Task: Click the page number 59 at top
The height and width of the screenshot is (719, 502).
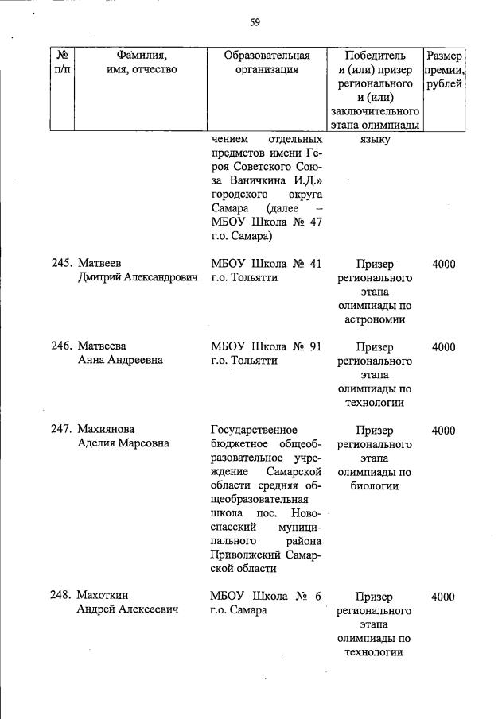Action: [x=255, y=22]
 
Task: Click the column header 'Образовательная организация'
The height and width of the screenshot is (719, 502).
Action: [x=267, y=63]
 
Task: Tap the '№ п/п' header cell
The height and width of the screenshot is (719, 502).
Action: [x=62, y=63]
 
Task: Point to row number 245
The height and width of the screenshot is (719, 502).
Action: [x=62, y=264]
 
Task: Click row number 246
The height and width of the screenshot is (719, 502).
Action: [x=62, y=346]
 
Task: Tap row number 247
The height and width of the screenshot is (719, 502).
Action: [x=62, y=431]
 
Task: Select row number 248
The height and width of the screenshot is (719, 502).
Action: [x=62, y=597]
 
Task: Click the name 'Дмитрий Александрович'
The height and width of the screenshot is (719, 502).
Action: [x=137, y=279]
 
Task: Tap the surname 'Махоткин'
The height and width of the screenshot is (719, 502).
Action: [x=103, y=597]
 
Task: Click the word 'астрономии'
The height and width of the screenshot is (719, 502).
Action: [x=375, y=319]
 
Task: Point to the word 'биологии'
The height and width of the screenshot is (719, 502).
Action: [x=375, y=486]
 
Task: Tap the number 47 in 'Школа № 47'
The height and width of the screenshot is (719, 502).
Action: [x=313, y=222]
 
